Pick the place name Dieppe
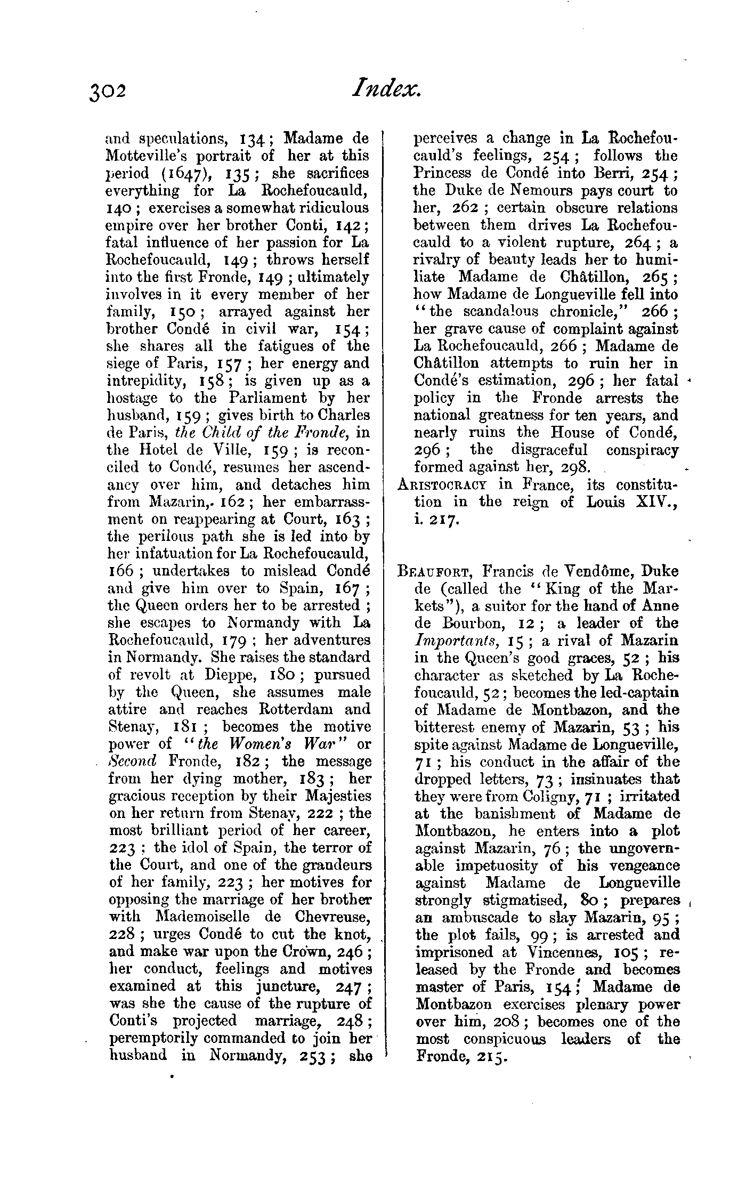click(x=226, y=674)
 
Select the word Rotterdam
click(x=298, y=709)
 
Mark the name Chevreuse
click(x=334, y=917)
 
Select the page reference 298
click(x=575, y=467)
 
